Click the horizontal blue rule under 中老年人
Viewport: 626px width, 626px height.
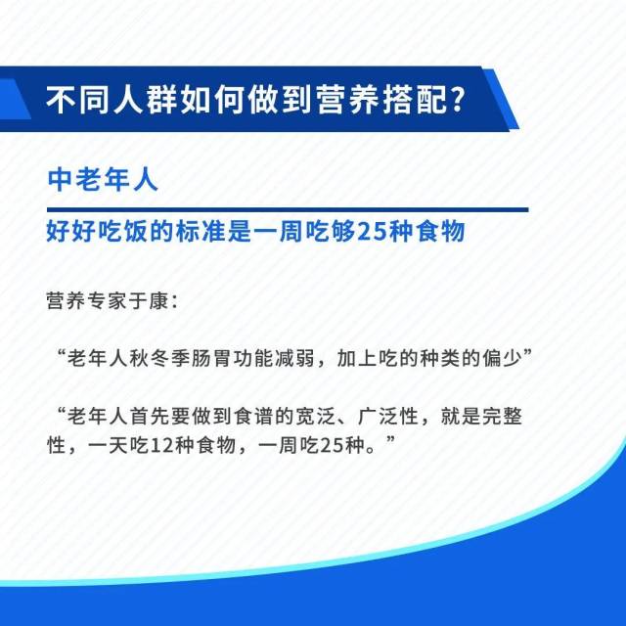(288, 209)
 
